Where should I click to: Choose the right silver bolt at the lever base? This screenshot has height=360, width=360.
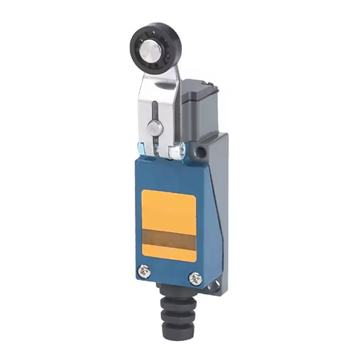(175, 152)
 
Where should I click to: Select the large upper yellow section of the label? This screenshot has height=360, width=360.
(169, 209)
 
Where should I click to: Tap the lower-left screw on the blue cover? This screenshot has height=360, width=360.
(143, 268)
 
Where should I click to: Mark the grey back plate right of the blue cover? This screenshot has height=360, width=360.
(217, 209)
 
